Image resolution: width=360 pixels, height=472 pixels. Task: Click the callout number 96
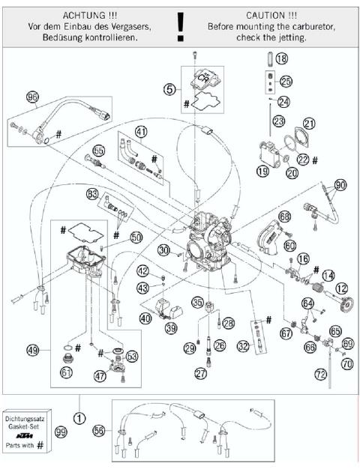[x=31, y=97]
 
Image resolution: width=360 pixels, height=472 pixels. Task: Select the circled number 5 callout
[x=170, y=88]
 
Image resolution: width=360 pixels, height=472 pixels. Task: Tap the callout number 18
[x=281, y=58]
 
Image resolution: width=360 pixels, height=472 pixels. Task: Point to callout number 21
[x=310, y=123]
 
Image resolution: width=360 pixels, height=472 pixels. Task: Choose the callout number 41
[x=141, y=131]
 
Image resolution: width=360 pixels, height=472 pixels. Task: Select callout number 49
[x=31, y=349]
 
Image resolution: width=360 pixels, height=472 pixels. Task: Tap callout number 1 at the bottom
[x=79, y=411]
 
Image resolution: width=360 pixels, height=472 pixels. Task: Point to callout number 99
[x=81, y=434]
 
